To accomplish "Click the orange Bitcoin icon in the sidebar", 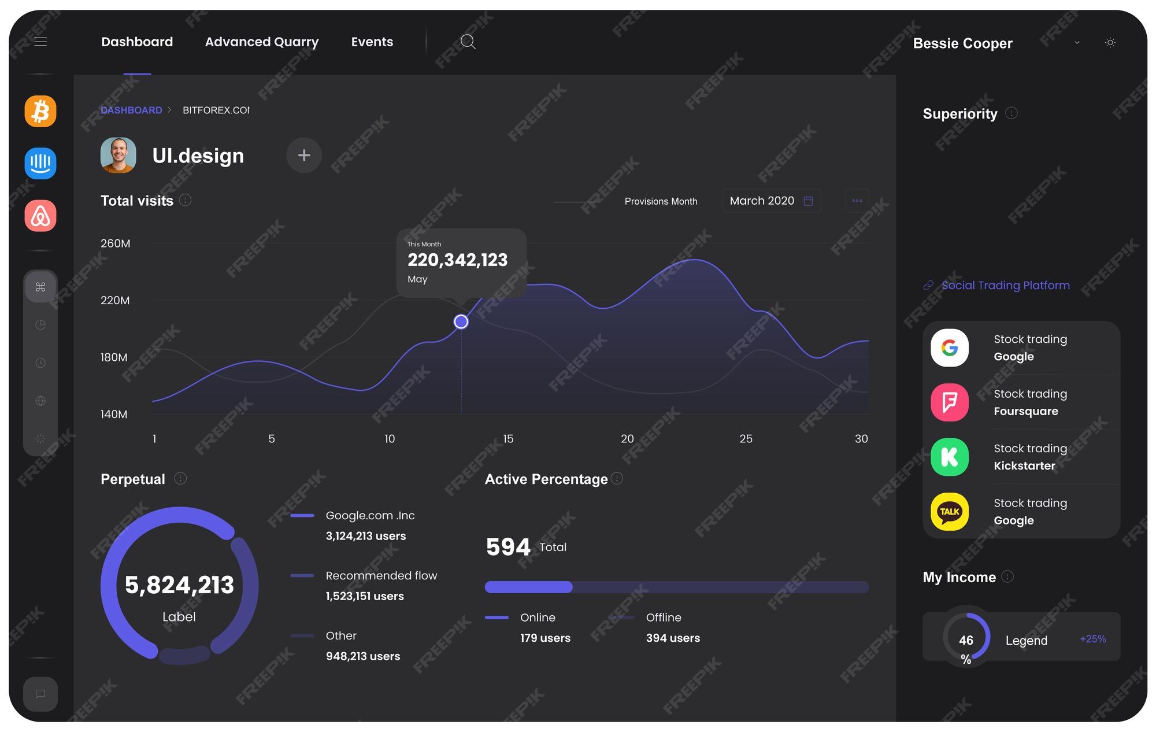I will click(x=40, y=111).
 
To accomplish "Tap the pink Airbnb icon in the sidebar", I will click(x=40, y=216).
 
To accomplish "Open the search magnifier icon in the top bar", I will click(x=468, y=42).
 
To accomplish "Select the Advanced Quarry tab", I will click(x=262, y=42).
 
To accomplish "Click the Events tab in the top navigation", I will click(x=372, y=42).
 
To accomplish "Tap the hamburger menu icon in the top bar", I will click(x=40, y=42).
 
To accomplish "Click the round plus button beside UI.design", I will click(x=304, y=155).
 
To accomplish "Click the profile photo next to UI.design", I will click(x=118, y=155).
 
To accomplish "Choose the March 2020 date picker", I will click(x=771, y=201).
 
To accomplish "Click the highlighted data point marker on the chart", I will click(x=461, y=321).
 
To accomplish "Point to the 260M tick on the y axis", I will click(x=115, y=243).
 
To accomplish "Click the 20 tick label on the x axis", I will click(x=627, y=439).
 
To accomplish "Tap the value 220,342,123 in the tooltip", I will click(x=457, y=260).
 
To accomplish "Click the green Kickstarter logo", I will click(x=950, y=457).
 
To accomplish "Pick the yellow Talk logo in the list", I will click(x=950, y=512).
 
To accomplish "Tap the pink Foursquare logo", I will click(x=950, y=402).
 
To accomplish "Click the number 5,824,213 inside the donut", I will click(x=179, y=585).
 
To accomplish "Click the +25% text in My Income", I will click(x=1092, y=639).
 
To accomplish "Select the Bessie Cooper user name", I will click(x=962, y=43).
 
